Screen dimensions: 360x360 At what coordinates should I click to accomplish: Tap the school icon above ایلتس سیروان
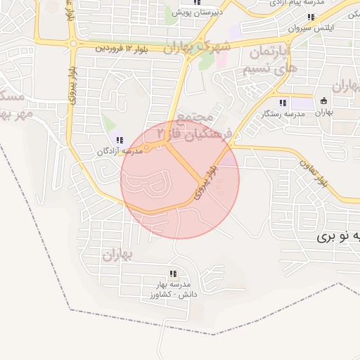(x=311, y=17)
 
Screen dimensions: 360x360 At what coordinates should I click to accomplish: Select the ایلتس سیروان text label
(x=309, y=28)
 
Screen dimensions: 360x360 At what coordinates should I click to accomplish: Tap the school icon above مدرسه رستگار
(x=283, y=103)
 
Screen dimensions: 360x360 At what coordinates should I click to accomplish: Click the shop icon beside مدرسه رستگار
(x=323, y=101)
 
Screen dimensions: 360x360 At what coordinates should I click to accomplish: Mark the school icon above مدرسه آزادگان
(x=120, y=140)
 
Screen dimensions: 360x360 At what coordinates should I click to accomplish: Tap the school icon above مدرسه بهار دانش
(x=173, y=274)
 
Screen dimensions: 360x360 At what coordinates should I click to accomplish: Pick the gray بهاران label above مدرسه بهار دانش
(x=117, y=257)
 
